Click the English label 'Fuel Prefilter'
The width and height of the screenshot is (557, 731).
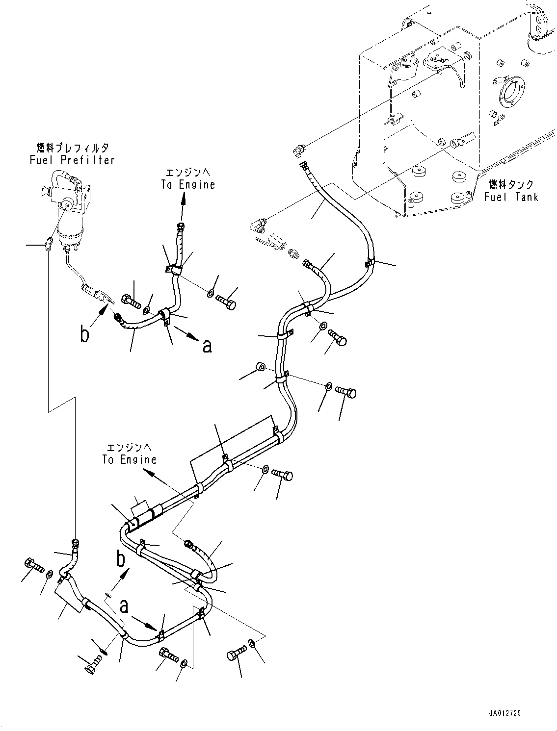click(x=72, y=160)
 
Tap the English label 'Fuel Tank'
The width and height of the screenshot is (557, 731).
click(x=510, y=197)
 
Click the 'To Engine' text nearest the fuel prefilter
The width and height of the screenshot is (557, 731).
click(x=188, y=184)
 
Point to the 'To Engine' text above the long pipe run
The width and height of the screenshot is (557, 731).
click(x=130, y=459)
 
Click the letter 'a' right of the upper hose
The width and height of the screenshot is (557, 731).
click(x=207, y=346)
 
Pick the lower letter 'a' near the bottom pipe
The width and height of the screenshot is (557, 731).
click(x=125, y=606)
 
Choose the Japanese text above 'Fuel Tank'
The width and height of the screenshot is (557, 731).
click(x=511, y=185)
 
